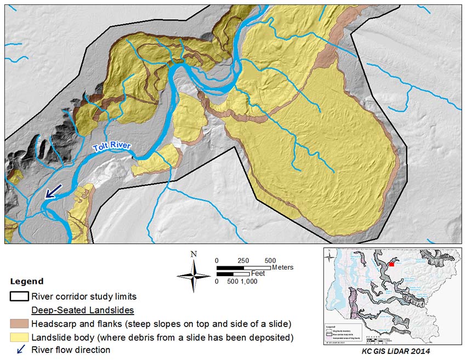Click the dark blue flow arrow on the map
[x=53, y=191]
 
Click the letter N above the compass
[x=193, y=254]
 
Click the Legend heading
[x=27, y=282]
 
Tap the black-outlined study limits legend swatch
[x=19, y=296]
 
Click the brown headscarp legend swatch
[x=19, y=323]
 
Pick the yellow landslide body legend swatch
[x=19, y=336]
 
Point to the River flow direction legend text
[x=71, y=350]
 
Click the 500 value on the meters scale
[x=270, y=260]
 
